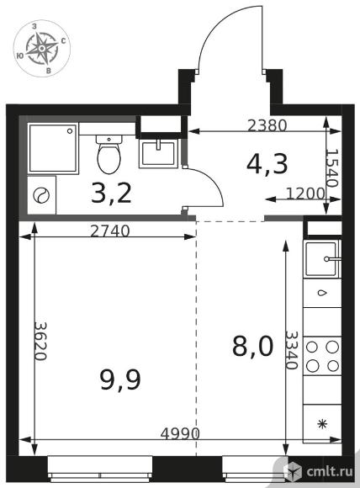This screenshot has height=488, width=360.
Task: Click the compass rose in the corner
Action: tap(42, 49)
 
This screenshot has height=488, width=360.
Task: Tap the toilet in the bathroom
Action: tap(109, 154)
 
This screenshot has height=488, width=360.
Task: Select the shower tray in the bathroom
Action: tap(53, 148)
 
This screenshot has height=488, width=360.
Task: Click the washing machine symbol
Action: tap(42, 195)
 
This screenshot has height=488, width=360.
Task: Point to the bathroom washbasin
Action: tap(158, 153)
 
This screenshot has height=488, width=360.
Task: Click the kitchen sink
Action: tap(321, 259)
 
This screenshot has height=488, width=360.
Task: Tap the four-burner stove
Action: tap(322, 356)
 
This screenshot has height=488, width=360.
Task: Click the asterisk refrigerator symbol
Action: tap(322, 424)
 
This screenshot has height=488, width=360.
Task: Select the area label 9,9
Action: tap(120, 380)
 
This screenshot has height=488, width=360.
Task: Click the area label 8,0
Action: tap(253, 347)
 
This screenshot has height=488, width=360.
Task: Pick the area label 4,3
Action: tap(267, 164)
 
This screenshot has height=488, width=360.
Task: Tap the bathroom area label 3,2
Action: tap(111, 193)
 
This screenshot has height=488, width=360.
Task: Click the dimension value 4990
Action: tap(180, 433)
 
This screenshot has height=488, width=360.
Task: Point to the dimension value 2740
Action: tap(110, 231)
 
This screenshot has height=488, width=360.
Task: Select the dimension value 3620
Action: tap(40, 341)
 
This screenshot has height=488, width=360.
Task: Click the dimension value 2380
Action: tap(267, 125)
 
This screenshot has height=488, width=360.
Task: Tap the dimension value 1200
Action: tap(305, 194)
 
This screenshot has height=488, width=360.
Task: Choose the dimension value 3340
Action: tap(292, 350)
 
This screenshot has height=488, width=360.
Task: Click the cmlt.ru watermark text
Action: tap(330, 471)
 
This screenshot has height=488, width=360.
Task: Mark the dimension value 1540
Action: tap(331, 167)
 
